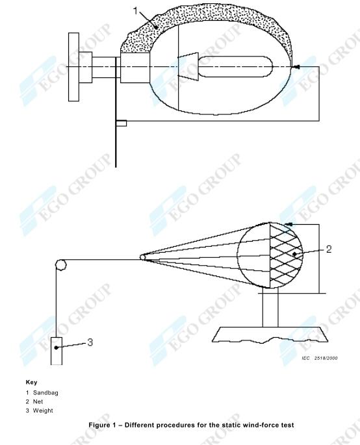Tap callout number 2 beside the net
tap(329, 249)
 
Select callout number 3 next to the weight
tap(90, 342)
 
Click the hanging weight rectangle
tap(57, 350)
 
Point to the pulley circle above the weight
tap(60, 265)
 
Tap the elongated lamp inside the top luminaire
tap(238, 67)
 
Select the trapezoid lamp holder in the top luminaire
tap(188, 67)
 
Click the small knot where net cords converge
tap(143, 257)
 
